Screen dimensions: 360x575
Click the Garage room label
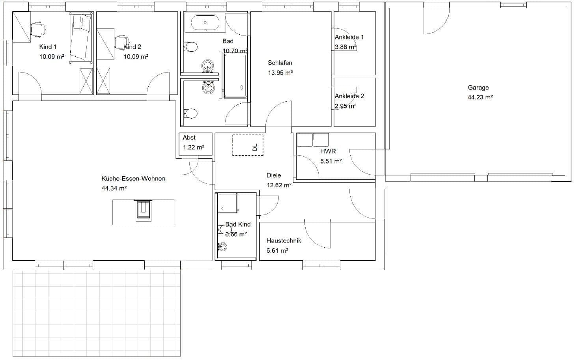click(x=478, y=88)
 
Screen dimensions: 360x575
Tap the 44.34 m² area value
click(x=114, y=188)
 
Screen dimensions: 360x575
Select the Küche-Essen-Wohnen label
click(x=133, y=179)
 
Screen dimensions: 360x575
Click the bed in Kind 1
click(x=81, y=37)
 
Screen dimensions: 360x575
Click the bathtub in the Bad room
click(x=205, y=23)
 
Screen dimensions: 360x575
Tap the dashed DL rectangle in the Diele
click(x=248, y=145)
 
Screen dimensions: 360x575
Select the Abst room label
click(x=189, y=138)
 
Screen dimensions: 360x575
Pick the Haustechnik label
click(x=284, y=241)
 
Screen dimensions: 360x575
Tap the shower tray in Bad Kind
click(x=228, y=203)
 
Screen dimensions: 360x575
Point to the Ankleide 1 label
click(x=349, y=37)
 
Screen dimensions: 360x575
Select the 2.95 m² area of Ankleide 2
click(x=345, y=106)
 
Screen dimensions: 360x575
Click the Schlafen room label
click(x=280, y=63)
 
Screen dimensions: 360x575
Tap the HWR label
click(x=328, y=151)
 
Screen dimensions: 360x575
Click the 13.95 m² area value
click(x=280, y=73)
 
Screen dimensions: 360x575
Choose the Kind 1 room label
click(x=48, y=47)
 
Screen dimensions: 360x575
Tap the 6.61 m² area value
click(x=277, y=250)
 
